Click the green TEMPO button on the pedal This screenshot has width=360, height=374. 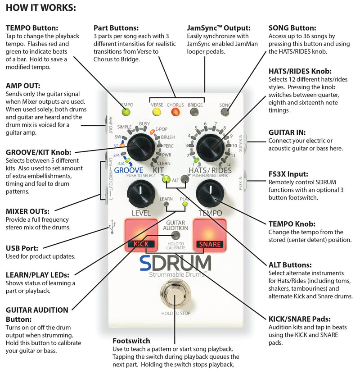click(x=126, y=112)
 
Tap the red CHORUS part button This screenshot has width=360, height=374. click(x=176, y=112)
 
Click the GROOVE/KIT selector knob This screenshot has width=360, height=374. click(x=141, y=146)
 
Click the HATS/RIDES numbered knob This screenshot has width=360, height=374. click(x=210, y=146)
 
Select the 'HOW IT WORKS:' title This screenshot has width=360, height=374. click(x=40, y=8)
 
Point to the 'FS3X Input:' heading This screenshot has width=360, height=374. click(x=288, y=173)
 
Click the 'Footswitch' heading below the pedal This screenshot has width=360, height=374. click(x=131, y=341)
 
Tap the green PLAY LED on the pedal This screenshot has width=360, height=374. click(x=184, y=205)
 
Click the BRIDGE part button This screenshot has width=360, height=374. click(x=195, y=112)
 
